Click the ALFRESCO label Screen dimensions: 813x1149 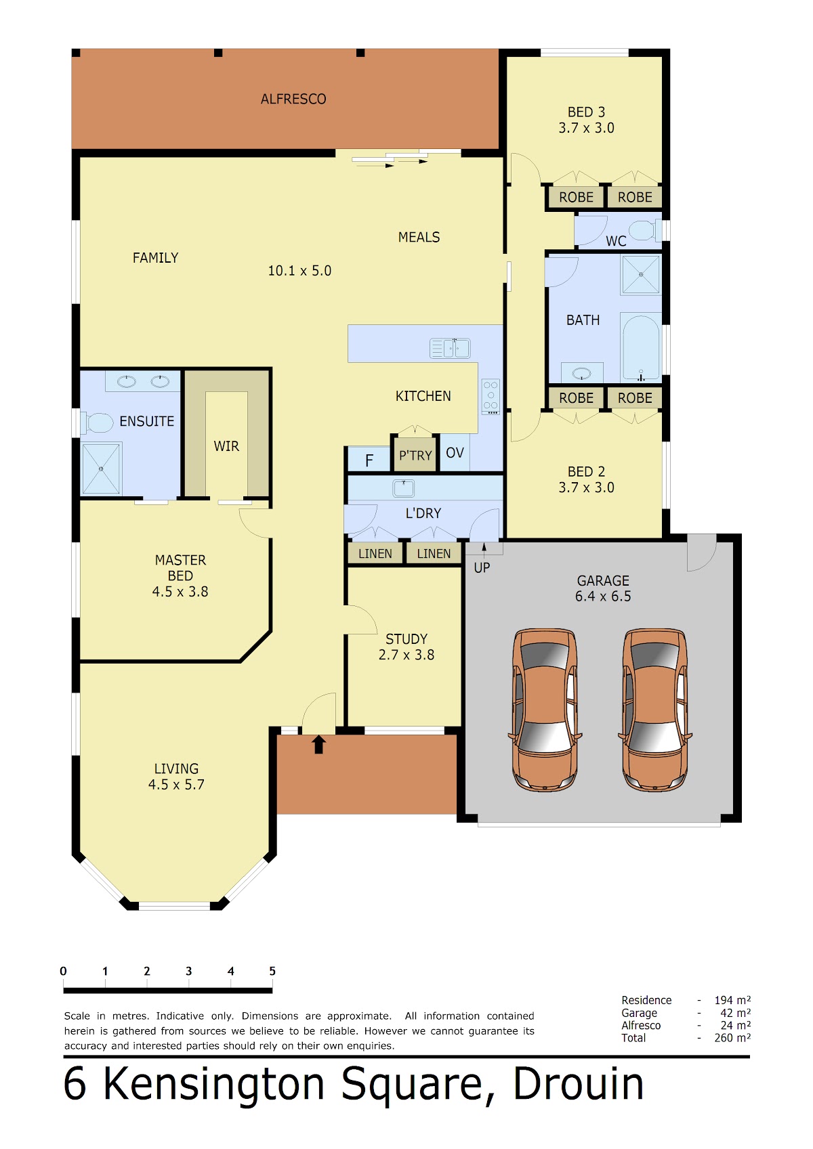(x=293, y=99)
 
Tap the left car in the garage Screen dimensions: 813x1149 (x=545, y=710)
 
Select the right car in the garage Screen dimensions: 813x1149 (x=655, y=710)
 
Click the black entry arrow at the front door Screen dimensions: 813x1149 (x=318, y=744)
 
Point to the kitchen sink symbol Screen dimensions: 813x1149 (x=450, y=348)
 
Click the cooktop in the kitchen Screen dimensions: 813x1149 (x=491, y=397)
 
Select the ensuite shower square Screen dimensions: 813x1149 (x=101, y=469)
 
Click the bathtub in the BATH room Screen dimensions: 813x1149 (x=641, y=347)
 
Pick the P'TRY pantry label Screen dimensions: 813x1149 (x=415, y=456)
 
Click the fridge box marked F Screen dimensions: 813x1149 (x=369, y=460)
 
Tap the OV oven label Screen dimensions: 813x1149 (x=455, y=453)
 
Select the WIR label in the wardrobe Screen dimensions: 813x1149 (x=226, y=446)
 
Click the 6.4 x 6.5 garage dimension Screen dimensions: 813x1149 (x=603, y=597)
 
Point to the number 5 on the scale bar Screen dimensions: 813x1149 (x=272, y=971)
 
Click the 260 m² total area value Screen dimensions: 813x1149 (x=732, y=1038)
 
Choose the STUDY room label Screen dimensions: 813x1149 (x=406, y=639)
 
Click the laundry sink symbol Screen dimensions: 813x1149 (x=403, y=488)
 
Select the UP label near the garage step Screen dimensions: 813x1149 (x=482, y=568)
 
